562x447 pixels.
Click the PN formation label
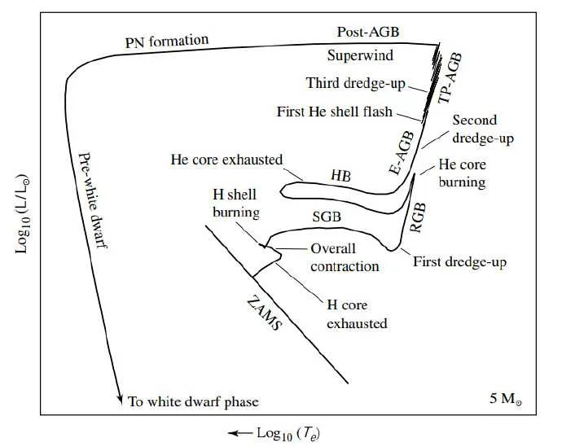pos(167,41)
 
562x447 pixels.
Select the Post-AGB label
pos(368,32)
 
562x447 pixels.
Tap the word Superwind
pos(360,55)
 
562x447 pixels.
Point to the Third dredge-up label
pos(356,83)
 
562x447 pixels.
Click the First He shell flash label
pos(335,112)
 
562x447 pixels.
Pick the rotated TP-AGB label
pos(450,78)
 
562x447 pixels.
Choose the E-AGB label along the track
pos(402,153)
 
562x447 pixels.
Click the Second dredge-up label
pos(483,129)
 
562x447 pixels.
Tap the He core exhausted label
pos(226,160)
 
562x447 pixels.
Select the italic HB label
pos(340,176)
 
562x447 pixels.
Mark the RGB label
pos(418,217)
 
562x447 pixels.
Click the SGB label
pos(327,217)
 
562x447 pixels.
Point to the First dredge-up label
pos(460,262)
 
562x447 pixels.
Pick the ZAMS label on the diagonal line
pos(265,313)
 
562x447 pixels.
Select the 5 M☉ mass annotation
pos(506,399)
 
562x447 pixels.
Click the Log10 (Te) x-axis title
pos(288,434)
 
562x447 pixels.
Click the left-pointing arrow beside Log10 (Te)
pos(240,433)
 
